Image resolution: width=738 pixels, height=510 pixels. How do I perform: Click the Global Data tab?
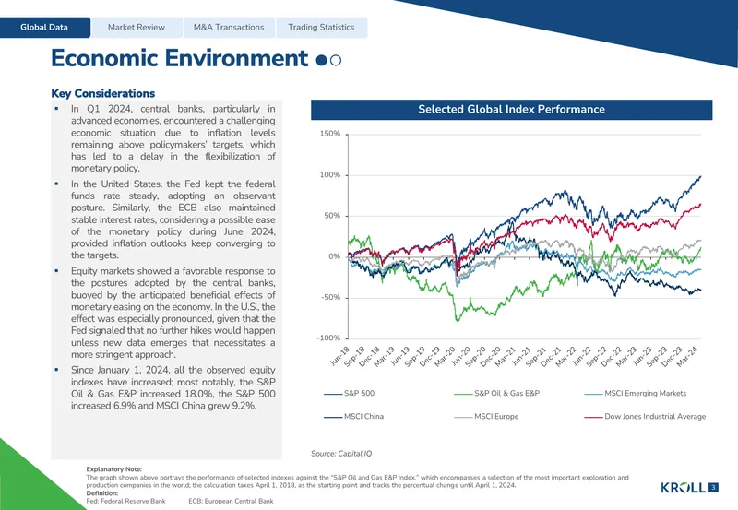click(44, 28)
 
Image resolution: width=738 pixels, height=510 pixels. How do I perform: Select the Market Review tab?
click(137, 28)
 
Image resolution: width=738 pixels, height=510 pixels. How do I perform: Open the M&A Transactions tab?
click(229, 28)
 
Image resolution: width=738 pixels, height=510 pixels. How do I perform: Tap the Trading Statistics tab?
click(321, 28)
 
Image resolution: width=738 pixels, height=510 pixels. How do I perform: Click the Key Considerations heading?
click(103, 93)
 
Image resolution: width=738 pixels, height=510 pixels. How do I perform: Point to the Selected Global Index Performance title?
click(512, 109)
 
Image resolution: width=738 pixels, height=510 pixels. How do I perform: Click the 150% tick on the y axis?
click(330, 134)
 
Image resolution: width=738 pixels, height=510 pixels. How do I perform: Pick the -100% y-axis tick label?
click(328, 338)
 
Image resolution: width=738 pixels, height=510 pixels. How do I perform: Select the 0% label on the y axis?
click(334, 256)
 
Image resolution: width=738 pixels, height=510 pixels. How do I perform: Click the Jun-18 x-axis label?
click(339, 355)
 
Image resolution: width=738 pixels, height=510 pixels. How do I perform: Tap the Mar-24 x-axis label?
click(687, 357)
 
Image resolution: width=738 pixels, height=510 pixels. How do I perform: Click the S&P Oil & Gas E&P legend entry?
click(497, 393)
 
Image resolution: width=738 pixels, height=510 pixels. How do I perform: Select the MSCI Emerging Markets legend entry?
click(636, 393)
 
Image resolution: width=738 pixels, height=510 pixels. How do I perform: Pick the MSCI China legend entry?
click(354, 416)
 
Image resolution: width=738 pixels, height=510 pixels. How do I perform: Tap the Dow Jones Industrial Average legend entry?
click(645, 416)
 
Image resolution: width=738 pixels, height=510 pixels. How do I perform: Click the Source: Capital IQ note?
click(341, 454)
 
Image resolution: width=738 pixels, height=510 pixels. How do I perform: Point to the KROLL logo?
click(684, 488)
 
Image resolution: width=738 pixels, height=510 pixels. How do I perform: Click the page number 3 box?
click(713, 488)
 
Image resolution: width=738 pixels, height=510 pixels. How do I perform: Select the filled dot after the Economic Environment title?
click(321, 60)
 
